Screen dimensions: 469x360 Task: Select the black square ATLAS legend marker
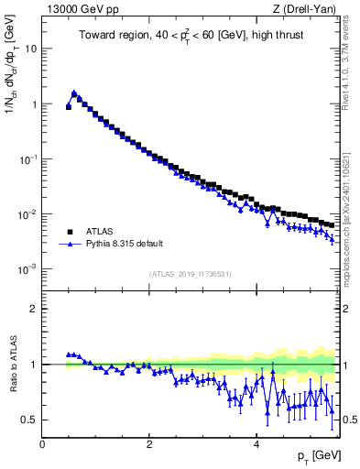pyautogui.click(x=69, y=232)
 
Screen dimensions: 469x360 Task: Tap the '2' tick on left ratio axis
pyautogui.click(x=35, y=309)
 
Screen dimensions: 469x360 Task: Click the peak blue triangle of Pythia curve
pyautogui.click(x=74, y=93)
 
